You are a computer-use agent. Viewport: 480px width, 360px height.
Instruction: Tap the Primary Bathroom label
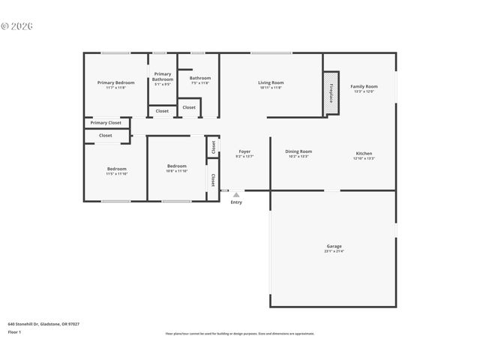click(163, 76)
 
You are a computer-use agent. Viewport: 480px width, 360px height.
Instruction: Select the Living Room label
click(271, 82)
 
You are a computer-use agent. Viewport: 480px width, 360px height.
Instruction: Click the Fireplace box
click(331, 94)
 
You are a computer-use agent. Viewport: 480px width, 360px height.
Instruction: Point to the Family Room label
click(364, 86)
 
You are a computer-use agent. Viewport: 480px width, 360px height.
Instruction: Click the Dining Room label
click(298, 151)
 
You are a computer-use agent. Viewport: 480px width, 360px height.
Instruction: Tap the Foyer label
click(244, 151)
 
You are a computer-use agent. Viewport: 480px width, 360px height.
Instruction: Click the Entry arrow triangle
click(236, 194)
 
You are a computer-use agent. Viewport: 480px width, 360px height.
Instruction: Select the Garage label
click(334, 246)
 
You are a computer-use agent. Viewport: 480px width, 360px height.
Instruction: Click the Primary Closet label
click(106, 122)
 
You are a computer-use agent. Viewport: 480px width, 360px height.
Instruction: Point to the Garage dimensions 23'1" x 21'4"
click(334, 251)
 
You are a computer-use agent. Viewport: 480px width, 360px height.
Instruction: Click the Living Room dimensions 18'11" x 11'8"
click(271, 88)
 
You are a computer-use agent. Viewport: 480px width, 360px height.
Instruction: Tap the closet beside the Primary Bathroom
click(162, 111)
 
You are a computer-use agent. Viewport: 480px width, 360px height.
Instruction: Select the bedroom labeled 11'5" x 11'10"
click(116, 171)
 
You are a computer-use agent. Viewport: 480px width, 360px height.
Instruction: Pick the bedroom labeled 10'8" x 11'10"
click(176, 169)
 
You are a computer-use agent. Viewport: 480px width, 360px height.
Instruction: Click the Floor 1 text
click(14, 331)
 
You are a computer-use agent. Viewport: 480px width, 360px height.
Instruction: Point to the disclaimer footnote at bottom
click(240, 334)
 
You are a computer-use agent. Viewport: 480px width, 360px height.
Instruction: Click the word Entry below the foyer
click(236, 202)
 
